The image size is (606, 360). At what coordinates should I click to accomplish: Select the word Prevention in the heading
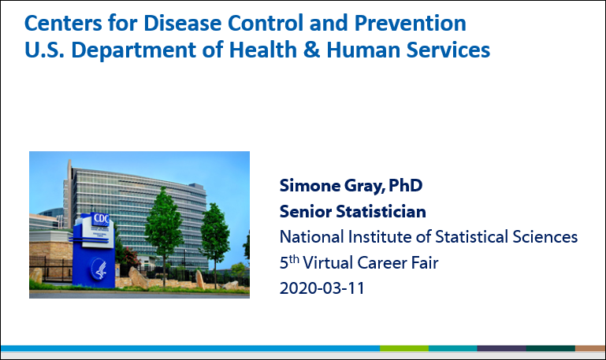(x=410, y=23)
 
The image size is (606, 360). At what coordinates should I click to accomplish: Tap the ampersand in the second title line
(x=311, y=50)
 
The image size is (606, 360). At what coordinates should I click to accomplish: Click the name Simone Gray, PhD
(x=351, y=186)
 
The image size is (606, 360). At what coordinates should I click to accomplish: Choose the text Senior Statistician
(x=353, y=212)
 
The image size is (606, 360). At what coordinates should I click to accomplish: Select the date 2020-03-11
(x=322, y=288)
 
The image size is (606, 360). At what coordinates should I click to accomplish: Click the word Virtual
(x=327, y=263)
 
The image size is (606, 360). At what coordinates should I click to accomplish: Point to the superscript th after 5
(x=294, y=259)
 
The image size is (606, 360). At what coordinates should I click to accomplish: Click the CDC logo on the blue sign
(x=101, y=219)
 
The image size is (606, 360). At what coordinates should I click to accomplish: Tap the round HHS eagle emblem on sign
(x=100, y=269)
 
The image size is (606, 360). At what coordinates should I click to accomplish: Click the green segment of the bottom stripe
(x=404, y=348)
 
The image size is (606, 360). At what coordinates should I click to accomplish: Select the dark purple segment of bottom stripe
(x=502, y=348)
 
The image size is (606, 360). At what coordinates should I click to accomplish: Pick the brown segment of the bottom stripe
(x=590, y=348)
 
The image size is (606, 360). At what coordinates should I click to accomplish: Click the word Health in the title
(x=262, y=50)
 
